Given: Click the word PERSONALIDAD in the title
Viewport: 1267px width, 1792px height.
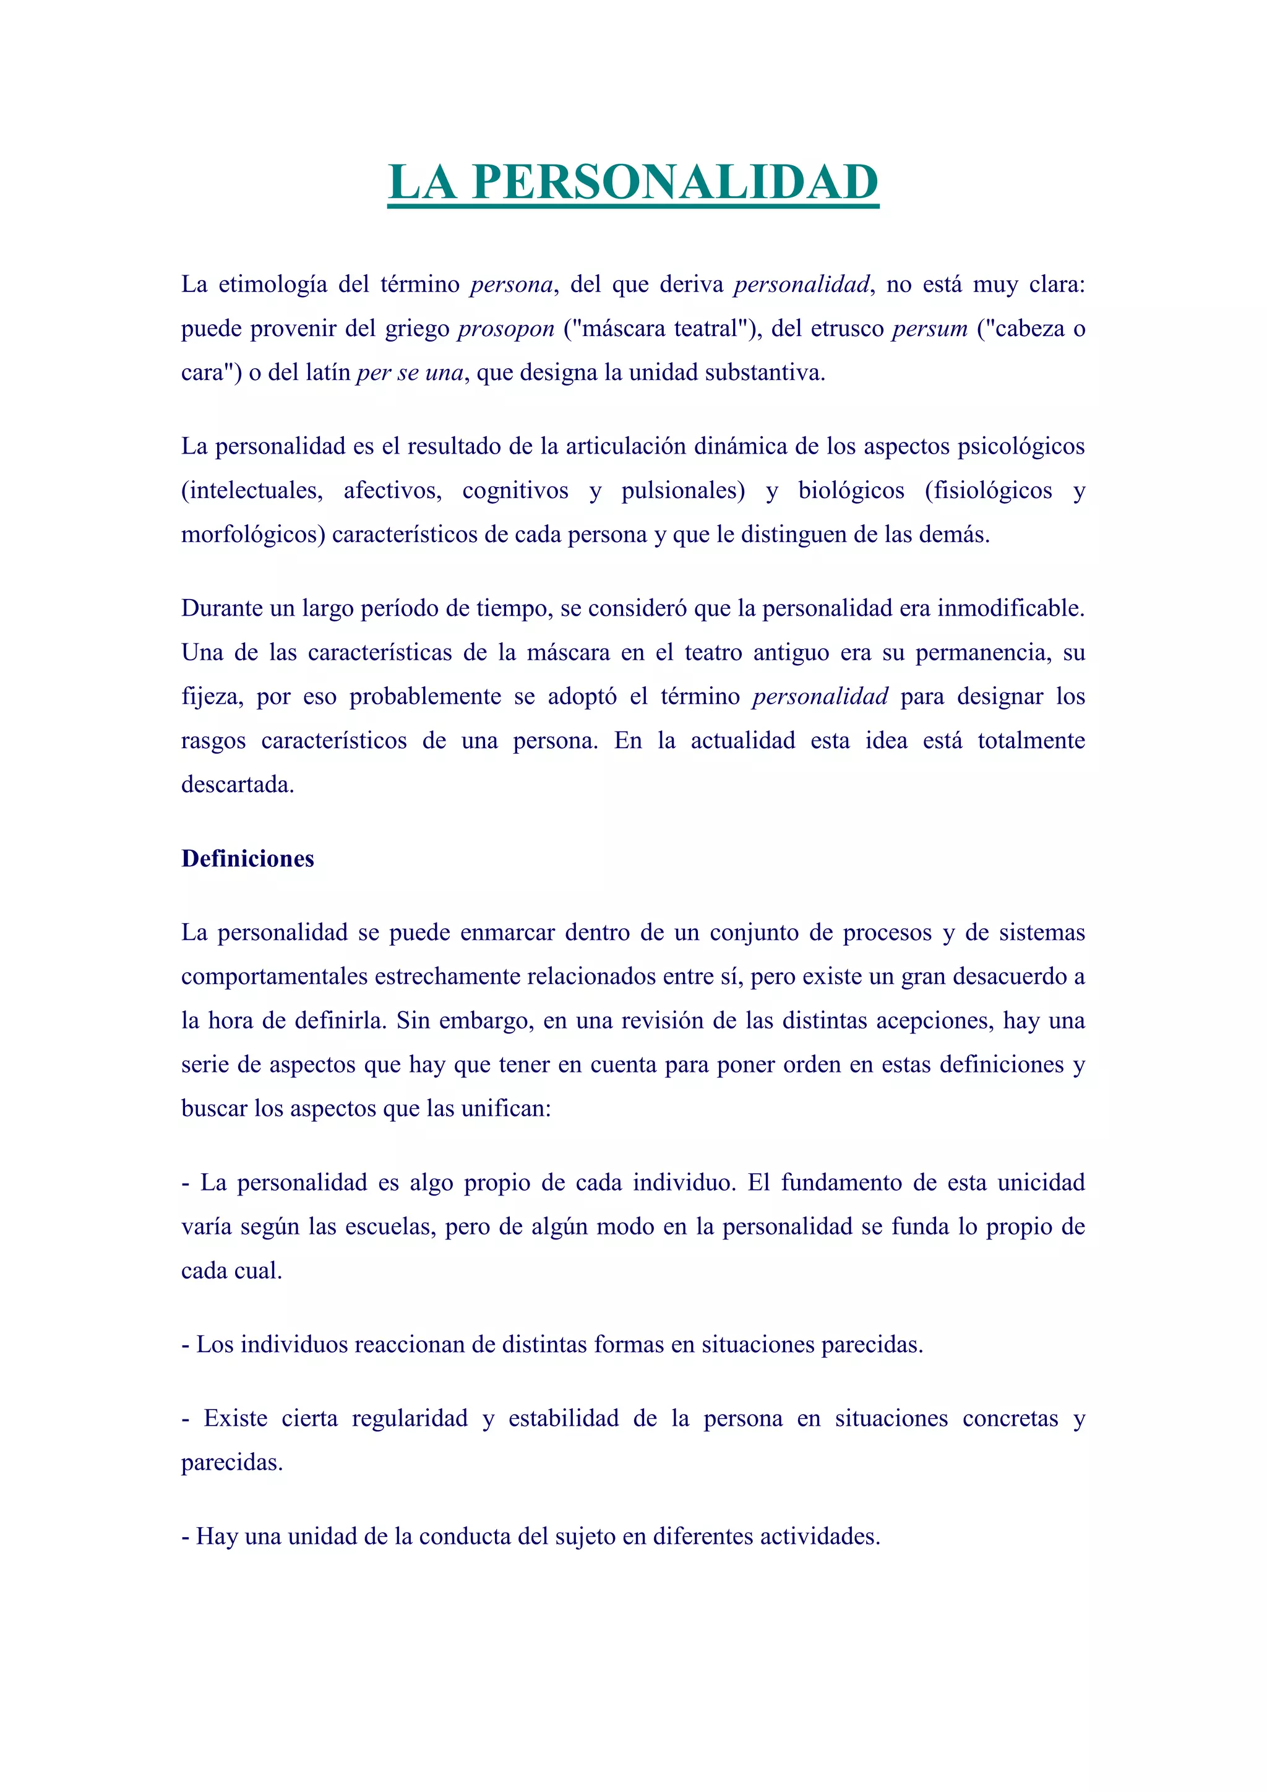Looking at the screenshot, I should (x=675, y=182).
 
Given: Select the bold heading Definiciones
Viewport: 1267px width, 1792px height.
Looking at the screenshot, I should (x=247, y=858).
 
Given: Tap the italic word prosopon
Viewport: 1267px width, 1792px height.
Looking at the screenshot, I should (x=505, y=329).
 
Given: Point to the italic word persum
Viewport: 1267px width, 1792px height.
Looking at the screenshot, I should (x=929, y=329).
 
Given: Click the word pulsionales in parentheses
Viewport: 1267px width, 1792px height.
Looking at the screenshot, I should (x=682, y=490).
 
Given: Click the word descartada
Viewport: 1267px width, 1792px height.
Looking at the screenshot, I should (x=237, y=785).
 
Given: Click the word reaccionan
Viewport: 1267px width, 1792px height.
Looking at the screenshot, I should (x=413, y=1345).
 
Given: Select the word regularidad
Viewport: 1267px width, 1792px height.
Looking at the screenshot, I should (x=410, y=1418).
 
